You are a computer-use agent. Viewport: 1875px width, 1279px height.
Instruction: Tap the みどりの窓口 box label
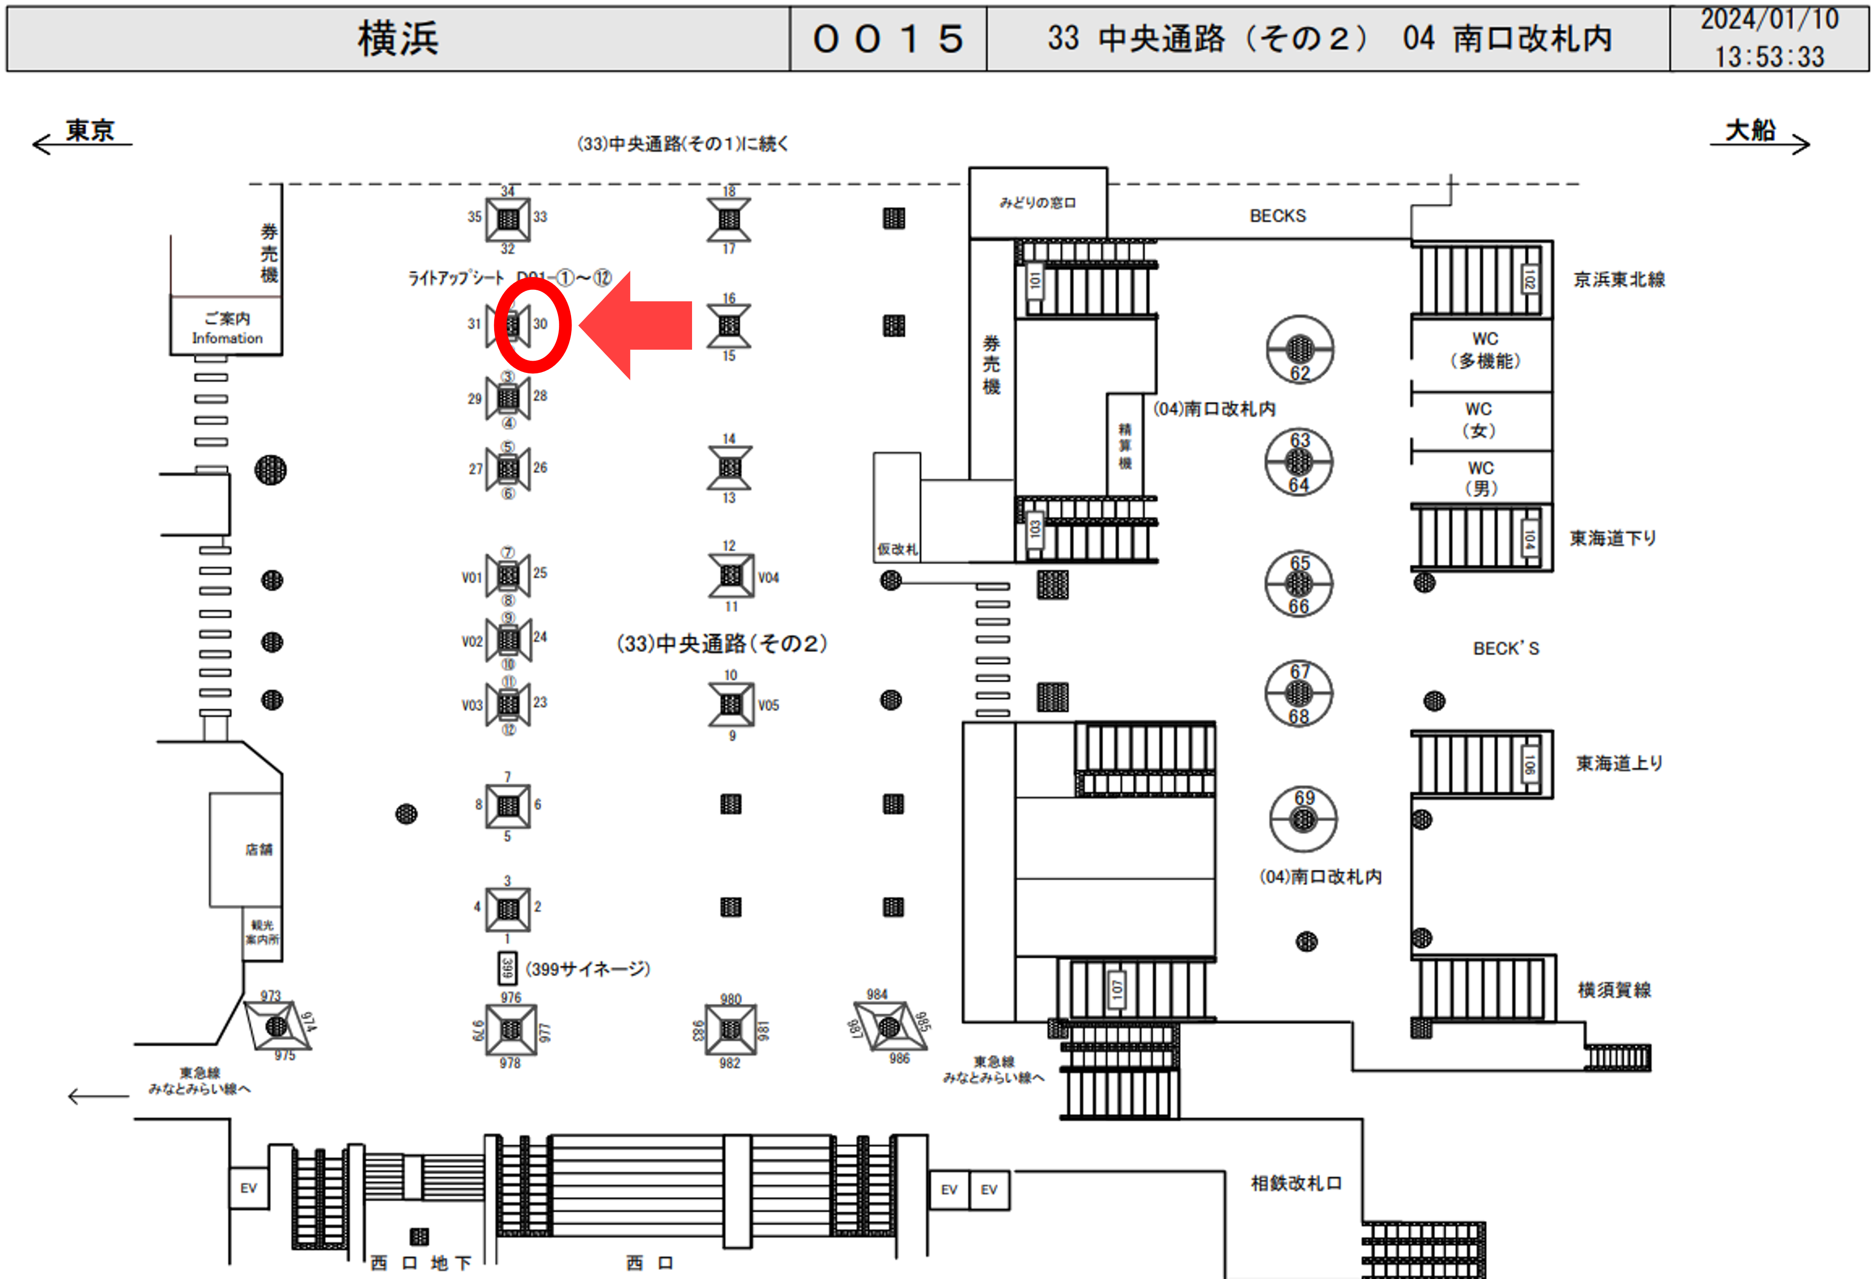click(1038, 203)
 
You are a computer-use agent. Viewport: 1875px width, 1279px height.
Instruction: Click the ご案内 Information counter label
click(227, 328)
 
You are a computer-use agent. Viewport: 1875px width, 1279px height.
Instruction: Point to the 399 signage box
click(507, 968)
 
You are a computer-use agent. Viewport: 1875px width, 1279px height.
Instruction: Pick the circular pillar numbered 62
click(1299, 349)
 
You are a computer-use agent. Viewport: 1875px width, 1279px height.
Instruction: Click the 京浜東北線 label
click(1619, 279)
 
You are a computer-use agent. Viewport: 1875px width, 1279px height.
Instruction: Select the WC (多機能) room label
click(1484, 349)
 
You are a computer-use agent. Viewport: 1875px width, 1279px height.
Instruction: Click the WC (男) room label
click(1481, 478)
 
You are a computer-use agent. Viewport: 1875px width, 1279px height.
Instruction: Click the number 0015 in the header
click(888, 39)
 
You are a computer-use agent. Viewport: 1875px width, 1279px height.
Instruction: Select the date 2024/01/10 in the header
click(1770, 19)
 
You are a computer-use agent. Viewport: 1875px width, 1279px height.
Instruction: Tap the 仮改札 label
click(897, 549)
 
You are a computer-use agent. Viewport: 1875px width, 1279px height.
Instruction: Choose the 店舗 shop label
click(259, 849)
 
